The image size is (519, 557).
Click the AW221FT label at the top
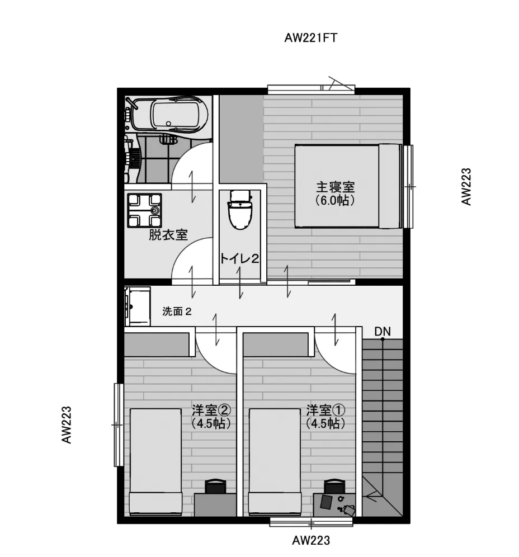(310, 37)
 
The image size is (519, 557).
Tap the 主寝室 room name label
(335, 187)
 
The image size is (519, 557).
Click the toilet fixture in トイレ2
(240, 210)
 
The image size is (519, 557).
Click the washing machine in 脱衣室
(144, 210)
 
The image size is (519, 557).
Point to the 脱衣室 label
(168, 235)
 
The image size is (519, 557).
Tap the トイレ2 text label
(239, 258)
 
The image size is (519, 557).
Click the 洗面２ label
(177, 311)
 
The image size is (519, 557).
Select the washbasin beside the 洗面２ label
(138, 306)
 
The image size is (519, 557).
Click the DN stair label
(382, 332)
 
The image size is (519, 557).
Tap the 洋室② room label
(211, 410)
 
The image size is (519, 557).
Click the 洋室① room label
(325, 410)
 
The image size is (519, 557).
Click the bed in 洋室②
(155, 462)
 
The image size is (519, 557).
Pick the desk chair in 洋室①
(334, 486)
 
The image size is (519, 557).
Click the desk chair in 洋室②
(216, 486)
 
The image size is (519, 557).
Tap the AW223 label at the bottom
(311, 540)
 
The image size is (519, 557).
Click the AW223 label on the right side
(466, 186)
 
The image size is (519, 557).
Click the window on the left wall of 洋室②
(119, 424)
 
